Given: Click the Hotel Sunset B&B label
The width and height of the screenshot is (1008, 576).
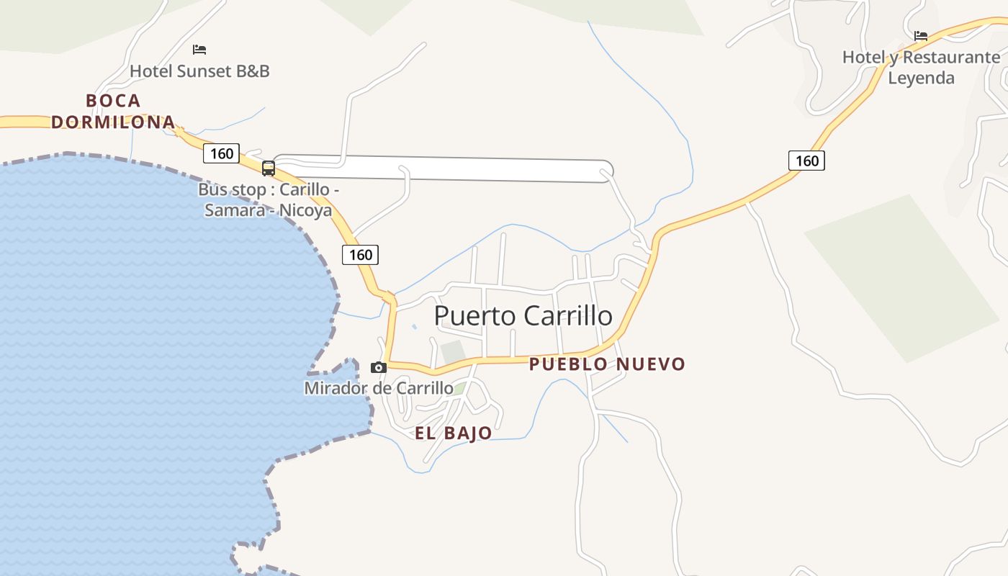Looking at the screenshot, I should coord(199,71).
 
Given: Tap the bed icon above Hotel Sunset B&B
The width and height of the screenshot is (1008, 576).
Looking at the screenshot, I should coord(199,50).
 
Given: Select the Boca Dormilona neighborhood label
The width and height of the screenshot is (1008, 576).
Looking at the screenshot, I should coord(113,111).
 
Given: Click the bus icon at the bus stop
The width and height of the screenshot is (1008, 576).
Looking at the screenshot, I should coord(269,168).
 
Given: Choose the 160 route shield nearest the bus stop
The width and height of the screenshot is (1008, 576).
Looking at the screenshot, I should coord(221,153).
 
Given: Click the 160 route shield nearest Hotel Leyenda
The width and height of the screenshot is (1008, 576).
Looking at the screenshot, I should coord(806,161).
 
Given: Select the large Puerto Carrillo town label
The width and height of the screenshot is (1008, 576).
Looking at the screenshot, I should coord(523,316).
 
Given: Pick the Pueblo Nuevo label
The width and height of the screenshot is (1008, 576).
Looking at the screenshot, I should coord(607,364).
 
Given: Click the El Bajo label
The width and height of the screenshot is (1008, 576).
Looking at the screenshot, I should coord(454,433).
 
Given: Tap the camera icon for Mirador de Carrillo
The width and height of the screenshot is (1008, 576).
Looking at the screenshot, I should coord(379,368).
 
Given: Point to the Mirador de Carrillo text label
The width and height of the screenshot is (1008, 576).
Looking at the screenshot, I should coord(379,389).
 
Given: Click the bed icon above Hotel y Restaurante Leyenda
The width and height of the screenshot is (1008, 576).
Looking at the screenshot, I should coord(921,35).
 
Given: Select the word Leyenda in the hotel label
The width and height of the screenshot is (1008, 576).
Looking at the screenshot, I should coord(921,78).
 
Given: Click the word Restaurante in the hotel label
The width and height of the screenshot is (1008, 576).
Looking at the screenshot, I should coord(950,57).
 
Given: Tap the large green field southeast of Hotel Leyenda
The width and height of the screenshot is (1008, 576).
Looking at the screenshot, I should coord(904,277).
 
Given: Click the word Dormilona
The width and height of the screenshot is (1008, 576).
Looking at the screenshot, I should coord(113,122).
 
